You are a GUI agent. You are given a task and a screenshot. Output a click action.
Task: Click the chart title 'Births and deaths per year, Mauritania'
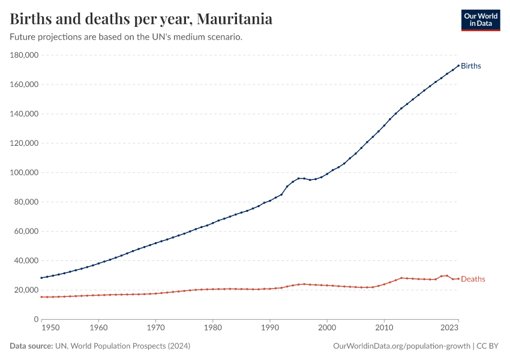coord(141,19)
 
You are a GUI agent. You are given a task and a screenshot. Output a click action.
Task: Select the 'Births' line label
coord(471,66)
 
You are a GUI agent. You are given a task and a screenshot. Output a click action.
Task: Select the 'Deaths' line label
coord(473,279)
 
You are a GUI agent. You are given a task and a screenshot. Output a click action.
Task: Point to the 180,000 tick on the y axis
coord(25,55)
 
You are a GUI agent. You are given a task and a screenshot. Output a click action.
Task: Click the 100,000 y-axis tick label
coord(25,173)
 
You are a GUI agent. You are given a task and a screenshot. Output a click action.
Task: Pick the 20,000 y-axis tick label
coord(26,290)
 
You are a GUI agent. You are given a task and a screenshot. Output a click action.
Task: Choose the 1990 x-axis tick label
coord(270,328)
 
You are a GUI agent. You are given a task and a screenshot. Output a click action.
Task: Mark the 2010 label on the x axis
coord(384,328)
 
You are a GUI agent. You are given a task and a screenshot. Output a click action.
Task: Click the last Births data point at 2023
coord(458,65)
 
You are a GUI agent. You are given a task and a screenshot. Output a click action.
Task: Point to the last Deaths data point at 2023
coord(458,278)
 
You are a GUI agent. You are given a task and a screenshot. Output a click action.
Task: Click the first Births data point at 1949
coord(41,278)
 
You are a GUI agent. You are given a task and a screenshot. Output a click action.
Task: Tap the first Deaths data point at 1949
coord(41,297)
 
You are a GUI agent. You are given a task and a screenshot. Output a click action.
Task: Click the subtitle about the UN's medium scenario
coord(126,37)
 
